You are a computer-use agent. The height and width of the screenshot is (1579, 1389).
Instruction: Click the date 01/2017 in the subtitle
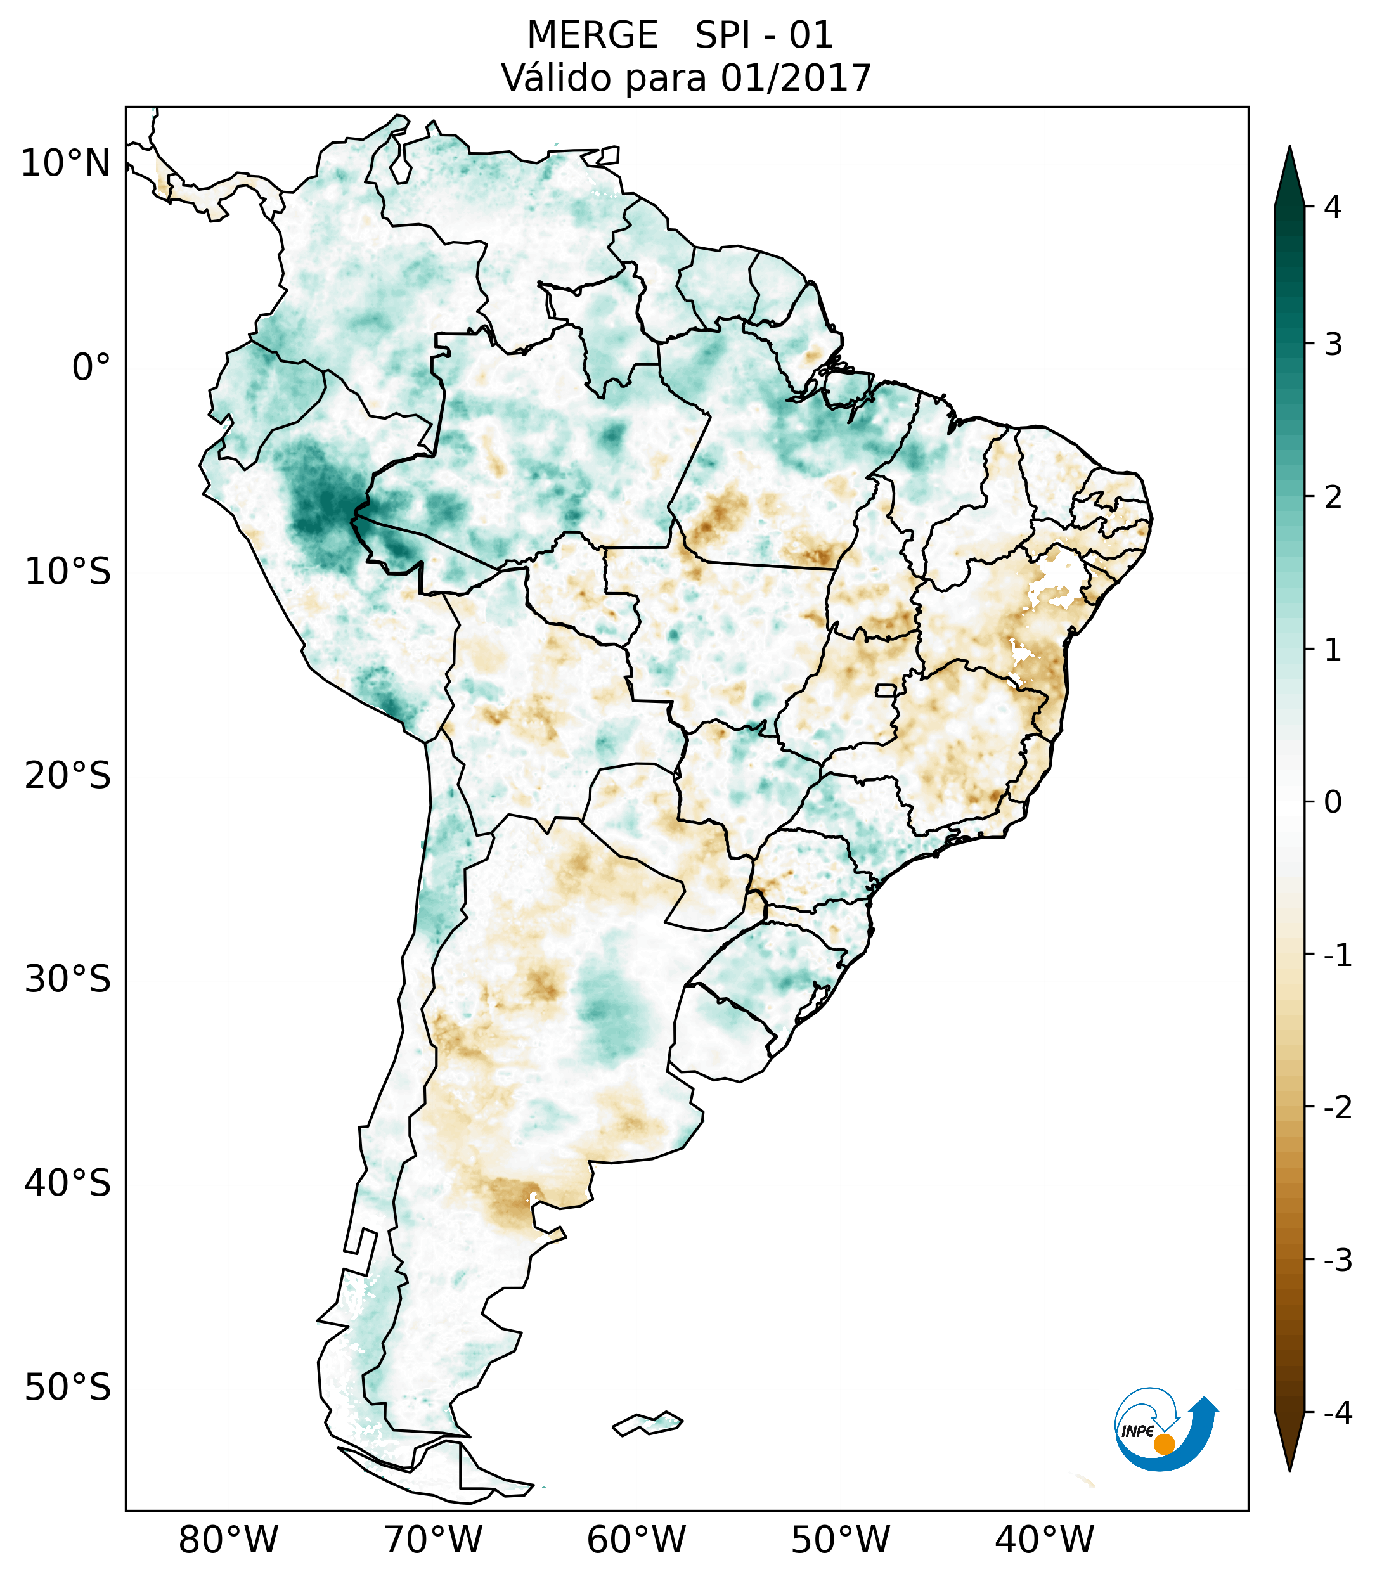[796, 78]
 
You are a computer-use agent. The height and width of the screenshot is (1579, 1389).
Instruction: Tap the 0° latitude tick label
[91, 368]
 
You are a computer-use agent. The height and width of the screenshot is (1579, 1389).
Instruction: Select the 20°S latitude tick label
[68, 776]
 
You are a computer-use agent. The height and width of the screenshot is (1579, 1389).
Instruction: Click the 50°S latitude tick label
[68, 1388]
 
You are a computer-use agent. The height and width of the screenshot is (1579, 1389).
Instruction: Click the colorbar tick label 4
[1333, 207]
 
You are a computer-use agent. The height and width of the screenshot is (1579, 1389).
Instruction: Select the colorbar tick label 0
[1333, 802]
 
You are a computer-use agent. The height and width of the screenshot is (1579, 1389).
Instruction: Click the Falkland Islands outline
[647, 1423]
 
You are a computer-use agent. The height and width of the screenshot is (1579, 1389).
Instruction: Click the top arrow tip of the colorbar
[1289, 148]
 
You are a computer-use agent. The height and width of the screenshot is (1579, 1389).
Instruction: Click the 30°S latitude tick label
[68, 979]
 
